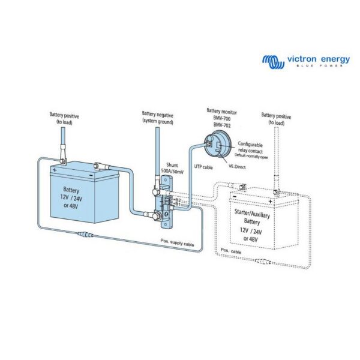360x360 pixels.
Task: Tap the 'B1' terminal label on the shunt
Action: click(178, 204)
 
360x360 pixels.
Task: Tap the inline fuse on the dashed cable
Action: click(264, 260)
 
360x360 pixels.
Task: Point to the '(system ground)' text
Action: click(157, 121)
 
